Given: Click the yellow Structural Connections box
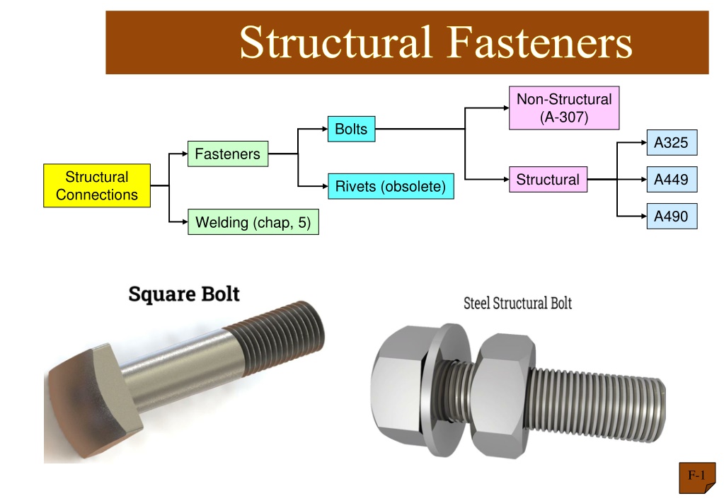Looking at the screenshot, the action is [97, 185].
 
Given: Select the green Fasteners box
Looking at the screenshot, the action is [228, 154].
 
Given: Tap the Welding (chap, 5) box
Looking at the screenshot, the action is [253, 222].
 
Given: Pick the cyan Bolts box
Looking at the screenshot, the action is [351, 129].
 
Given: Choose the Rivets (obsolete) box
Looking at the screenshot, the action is [391, 186].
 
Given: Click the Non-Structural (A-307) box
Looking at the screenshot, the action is [564, 108].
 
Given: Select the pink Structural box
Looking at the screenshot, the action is [548, 179].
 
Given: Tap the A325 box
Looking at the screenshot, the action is [672, 143].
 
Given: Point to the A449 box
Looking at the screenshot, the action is [672, 179].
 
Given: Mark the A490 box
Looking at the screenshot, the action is [672, 216].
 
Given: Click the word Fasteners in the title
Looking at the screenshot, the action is [540, 42].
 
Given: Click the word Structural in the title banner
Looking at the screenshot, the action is [336, 42].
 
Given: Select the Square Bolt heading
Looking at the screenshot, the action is [184, 294].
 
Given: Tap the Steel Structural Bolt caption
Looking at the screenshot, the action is [517, 303].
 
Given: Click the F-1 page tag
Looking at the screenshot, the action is [697, 477].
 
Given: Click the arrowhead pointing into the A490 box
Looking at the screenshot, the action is [643, 216].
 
